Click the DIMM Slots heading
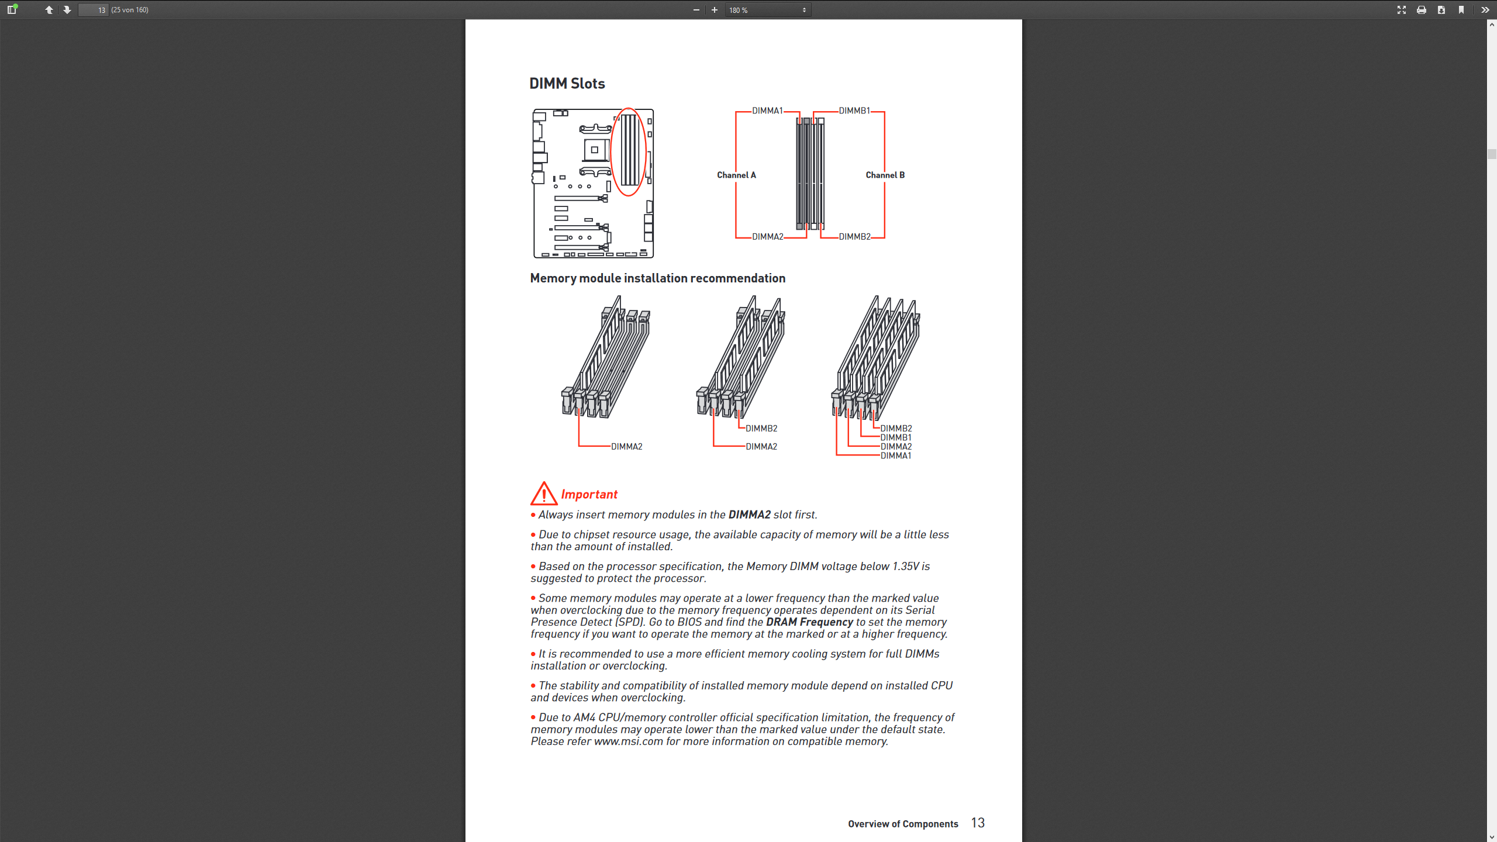pyautogui.click(x=567, y=84)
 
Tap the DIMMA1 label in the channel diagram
pyautogui.click(x=767, y=111)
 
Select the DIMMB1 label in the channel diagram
pyautogui.click(x=854, y=111)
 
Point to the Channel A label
pyautogui.click(x=736, y=175)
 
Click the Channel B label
pyautogui.click(x=885, y=175)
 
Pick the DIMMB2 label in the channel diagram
pyautogui.click(x=854, y=237)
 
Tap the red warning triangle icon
pyautogui.click(x=543, y=494)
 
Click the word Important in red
pyautogui.click(x=589, y=495)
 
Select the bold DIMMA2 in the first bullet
pyautogui.click(x=749, y=515)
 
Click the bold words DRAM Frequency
pyautogui.click(x=809, y=622)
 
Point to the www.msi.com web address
pyautogui.click(x=628, y=741)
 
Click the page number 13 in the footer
pyautogui.click(x=978, y=823)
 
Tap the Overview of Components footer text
pyautogui.click(x=903, y=824)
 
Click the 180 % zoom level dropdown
pyautogui.click(x=767, y=10)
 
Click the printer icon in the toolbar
pyautogui.click(x=1421, y=10)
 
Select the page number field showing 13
pyautogui.click(x=94, y=10)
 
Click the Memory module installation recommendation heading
pyautogui.click(x=657, y=278)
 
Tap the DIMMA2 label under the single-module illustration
pyautogui.click(x=626, y=447)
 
